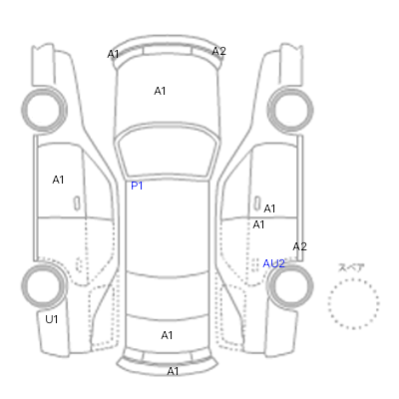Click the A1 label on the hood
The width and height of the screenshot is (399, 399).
pyautogui.click(x=160, y=91)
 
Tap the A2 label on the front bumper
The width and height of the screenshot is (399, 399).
pyautogui.click(x=218, y=51)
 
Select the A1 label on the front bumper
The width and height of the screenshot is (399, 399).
pyautogui.click(x=113, y=54)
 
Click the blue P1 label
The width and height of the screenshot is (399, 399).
pyautogui.click(x=137, y=186)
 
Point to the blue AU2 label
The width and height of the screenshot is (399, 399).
pyautogui.click(x=273, y=263)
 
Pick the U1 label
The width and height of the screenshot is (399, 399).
pyautogui.click(x=52, y=319)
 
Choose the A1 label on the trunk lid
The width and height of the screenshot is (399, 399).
pyautogui.click(x=167, y=335)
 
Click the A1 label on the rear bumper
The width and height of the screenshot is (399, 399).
pyautogui.click(x=173, y=371)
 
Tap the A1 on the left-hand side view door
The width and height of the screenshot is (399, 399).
pyautogui.click(x=58, y=180)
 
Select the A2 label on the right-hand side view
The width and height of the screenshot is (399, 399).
pyautogui.click(x=299, y=246)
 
